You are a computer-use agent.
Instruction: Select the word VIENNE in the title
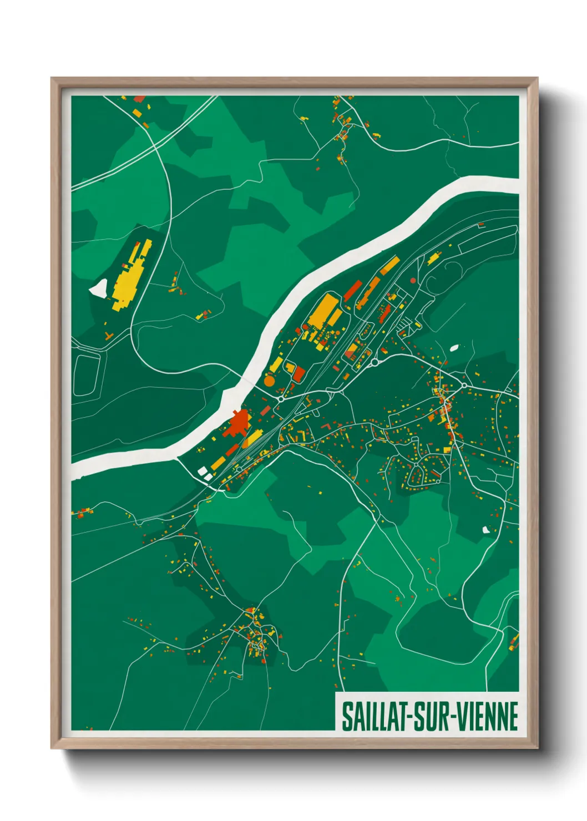pyautogui.click(x=488, y=716)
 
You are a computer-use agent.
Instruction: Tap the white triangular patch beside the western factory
pyautogui.click(x=99, y=287)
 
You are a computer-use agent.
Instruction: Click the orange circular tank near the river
pyautogui.click(x=269, y=381)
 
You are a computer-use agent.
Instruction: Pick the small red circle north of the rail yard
pyautogui.click(x=413, y=281)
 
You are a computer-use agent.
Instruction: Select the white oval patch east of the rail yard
pyautogui.click(x=454, y=348)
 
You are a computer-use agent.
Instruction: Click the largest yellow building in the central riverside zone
pyautogui.click(x=324, y=311)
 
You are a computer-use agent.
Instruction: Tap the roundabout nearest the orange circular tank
pyautogui.click(x=281, y=398)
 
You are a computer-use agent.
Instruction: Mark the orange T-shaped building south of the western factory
pyautogui.click(x=108, y=336)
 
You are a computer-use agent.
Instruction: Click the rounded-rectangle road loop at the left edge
pyautogui.click(x=87, y=375)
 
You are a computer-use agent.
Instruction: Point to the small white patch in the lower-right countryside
pyautogui.click(x=486, y=530)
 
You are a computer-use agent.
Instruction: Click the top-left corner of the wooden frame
pyautogui.click(x=52, y=79)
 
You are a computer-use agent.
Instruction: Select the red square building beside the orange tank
pyautogui.click(x=298, y=373)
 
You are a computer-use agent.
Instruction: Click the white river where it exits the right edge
pyautogui.click(x=513, y=184)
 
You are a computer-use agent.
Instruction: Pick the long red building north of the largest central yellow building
pyautogui.click(x=352, y=290)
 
